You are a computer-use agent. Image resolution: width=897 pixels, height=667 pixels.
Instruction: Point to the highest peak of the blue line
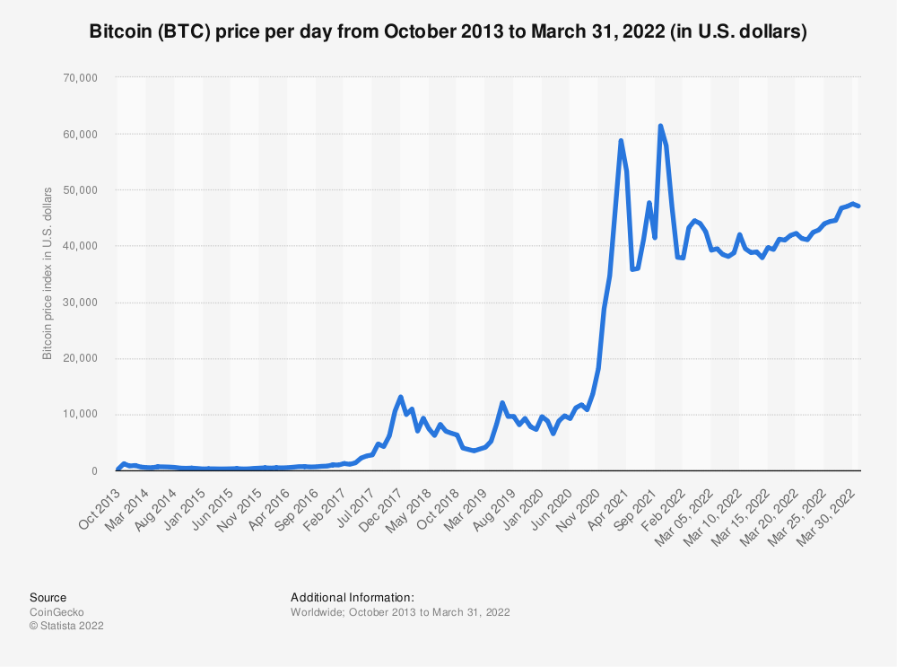[660, 126]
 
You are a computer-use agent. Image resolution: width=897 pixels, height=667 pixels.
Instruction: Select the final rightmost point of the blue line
[859, 206]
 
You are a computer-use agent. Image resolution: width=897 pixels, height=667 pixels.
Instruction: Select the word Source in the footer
[48, 597]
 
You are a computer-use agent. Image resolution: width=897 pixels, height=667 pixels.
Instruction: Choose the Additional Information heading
[352, 597]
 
